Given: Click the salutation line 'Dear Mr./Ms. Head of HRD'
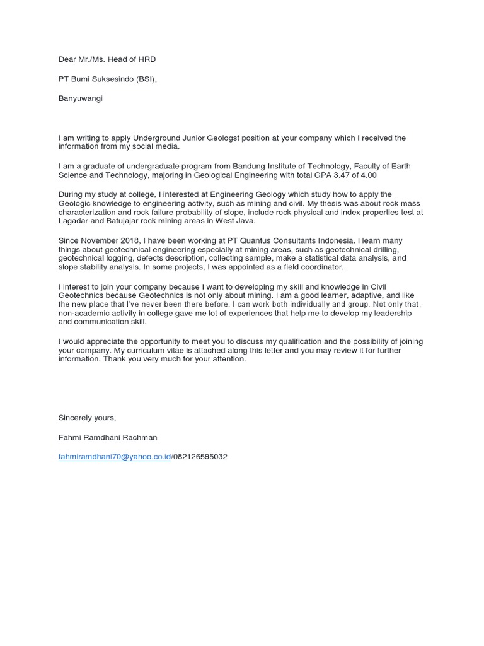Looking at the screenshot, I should pyautogui.click(x=107, y=59).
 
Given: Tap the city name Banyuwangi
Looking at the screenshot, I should pyautogui.click(x=80, y=98).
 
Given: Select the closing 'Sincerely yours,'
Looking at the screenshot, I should pyautogui.click(x=87, y=418).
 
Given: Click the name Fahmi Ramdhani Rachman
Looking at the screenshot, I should pyautogui.click(x=108, y=437).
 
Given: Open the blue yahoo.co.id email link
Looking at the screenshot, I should pyautogui.click(x=115, y=457).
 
